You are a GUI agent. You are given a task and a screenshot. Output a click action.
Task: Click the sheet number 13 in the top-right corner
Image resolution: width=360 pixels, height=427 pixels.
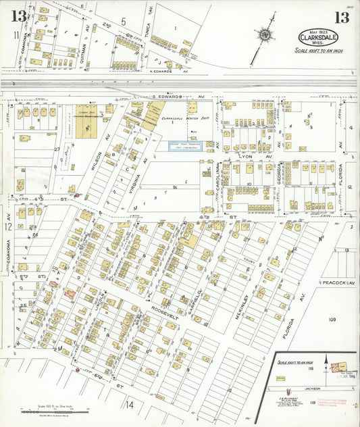(x=342, y=18)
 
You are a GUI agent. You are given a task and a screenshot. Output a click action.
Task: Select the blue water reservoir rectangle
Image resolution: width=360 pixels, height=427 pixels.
(x=186, y=145)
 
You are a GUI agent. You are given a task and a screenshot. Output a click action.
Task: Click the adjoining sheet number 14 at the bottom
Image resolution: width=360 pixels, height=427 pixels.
(x=129, y=405)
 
